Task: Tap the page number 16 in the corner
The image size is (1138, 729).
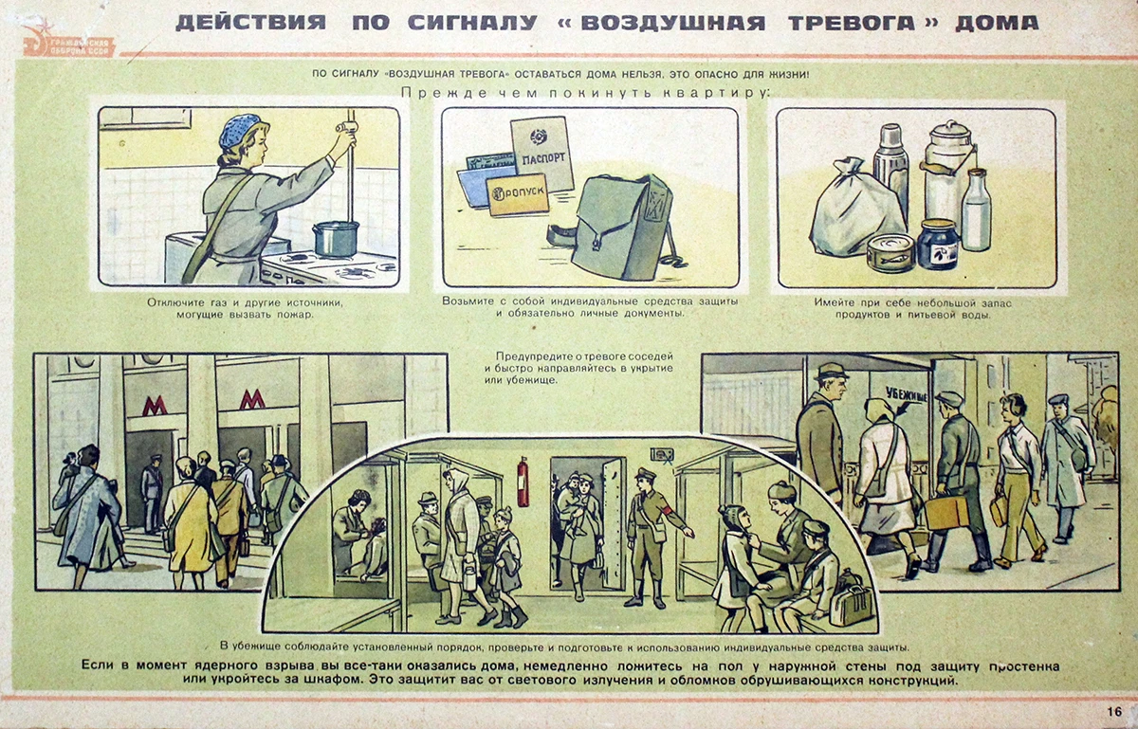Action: click(1112, 710)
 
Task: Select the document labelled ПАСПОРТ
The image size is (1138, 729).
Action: click(543, 154)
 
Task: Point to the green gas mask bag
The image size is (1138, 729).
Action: click(622, 228)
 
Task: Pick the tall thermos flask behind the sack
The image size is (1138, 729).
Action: click(890, 171)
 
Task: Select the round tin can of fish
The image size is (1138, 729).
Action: click(890, 253)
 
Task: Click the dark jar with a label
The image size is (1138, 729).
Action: click(938, 245)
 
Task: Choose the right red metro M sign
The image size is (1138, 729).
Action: click(251, 399)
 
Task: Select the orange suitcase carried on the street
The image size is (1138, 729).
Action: click(946, 512)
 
